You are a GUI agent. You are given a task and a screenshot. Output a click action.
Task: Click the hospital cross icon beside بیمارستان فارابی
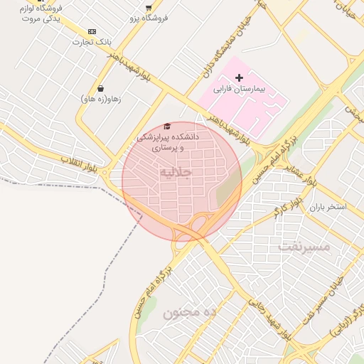(x=239, y=77)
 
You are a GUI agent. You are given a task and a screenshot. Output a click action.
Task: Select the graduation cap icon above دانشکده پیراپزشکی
(x=167, y=126)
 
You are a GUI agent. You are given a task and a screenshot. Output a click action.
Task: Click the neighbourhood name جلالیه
(x=176, y=173)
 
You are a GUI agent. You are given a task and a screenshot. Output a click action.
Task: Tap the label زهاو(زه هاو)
(x=101, y=100)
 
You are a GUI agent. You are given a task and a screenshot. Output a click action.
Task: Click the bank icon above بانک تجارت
(x=92, y=31)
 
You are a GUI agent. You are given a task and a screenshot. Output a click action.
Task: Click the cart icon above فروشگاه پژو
(x=148, y=7)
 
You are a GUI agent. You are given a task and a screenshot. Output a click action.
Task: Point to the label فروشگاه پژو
(x=149, y=18)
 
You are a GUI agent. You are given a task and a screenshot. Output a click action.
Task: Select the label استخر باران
(x=327, y=208)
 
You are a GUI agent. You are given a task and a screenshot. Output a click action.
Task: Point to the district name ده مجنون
(x=189, y=312)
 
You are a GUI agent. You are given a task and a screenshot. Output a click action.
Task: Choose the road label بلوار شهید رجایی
(x=269, y=319)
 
